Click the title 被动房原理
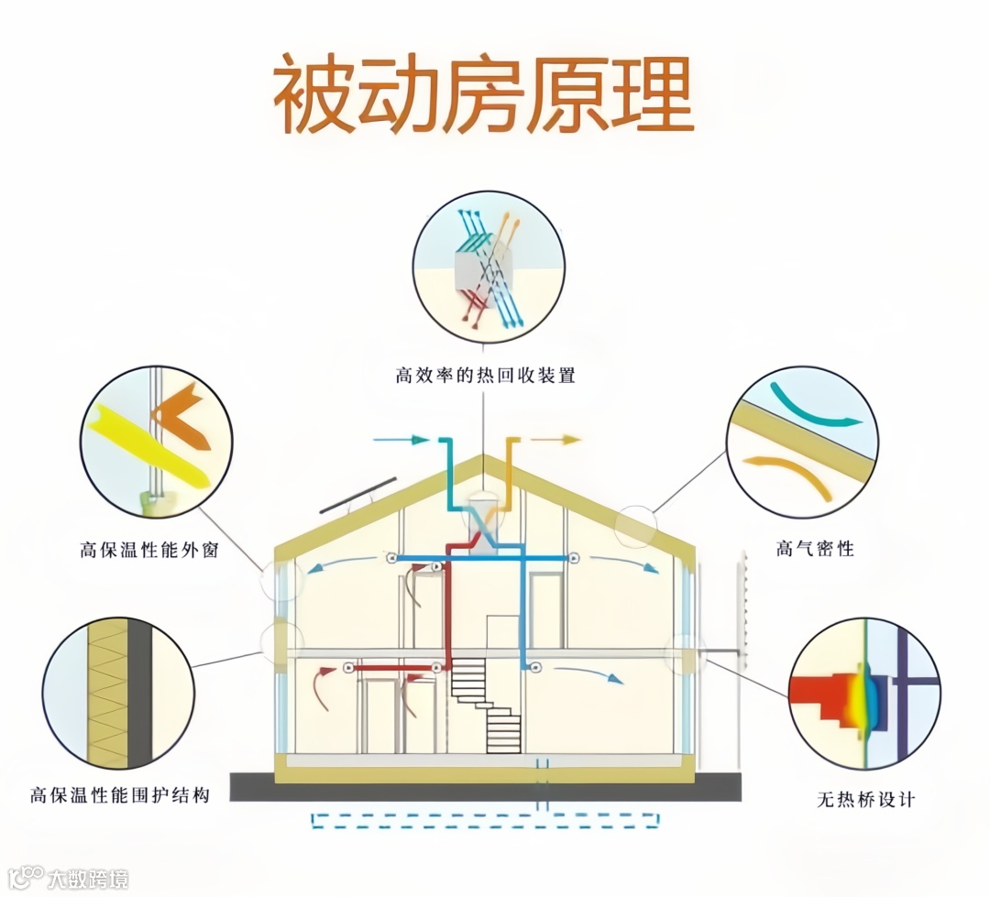[483, 97]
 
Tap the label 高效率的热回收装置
[485, 376]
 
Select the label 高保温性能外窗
[148, 551]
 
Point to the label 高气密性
[815, 549]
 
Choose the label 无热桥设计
[865, 799]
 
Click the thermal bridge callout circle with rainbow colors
[864, 694]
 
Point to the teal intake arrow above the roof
[403, 441]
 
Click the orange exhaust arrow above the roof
[555, 440]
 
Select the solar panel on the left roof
[357, 496]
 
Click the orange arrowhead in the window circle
[181, 413]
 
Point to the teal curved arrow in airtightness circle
[813, 407]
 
